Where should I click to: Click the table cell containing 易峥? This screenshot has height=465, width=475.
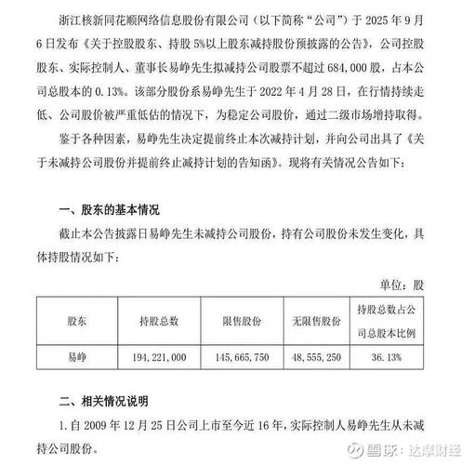pyautogui.click(x=69, y=355)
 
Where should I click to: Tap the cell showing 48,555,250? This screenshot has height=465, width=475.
pyautogui.click(x=324, y=355)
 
